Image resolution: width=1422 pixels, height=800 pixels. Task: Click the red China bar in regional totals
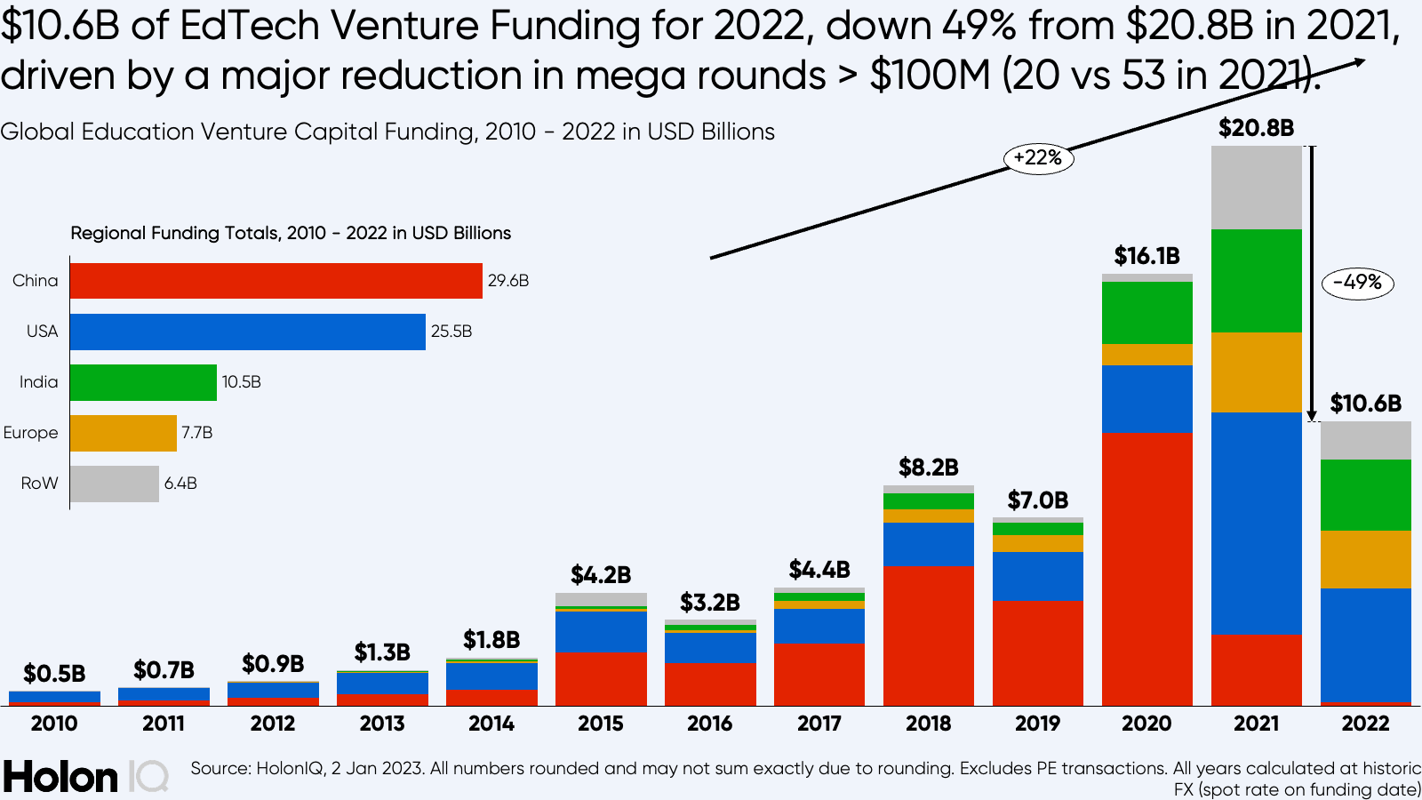276,281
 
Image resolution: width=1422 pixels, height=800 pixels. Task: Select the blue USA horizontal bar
247,332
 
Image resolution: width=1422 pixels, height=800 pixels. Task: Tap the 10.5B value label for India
242,382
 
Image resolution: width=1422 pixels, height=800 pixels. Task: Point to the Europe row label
31,433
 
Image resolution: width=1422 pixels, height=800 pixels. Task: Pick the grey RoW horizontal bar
115,484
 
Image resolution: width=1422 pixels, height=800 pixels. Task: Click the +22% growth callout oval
1038,158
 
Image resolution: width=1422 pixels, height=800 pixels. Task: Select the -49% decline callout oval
1357,283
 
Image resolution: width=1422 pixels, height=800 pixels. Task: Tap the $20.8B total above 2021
1256,128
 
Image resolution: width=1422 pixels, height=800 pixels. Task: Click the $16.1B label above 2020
1146,256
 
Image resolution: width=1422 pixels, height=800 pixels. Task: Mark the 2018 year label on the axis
928,724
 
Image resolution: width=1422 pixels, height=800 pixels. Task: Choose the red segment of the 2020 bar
1146,569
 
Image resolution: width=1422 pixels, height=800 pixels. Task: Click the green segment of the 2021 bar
1256,281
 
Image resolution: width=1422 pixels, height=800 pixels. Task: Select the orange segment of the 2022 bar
1365,559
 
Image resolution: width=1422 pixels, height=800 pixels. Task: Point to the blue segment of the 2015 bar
601,631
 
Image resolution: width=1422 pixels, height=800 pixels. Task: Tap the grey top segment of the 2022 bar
1365,440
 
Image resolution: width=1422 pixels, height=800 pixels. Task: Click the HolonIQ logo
85,777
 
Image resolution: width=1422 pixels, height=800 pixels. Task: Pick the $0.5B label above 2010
54,674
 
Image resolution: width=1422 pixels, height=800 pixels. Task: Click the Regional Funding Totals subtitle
291,233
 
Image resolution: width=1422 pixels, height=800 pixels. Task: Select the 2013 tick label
382,724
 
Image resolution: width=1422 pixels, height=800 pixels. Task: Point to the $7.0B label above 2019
1037,500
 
